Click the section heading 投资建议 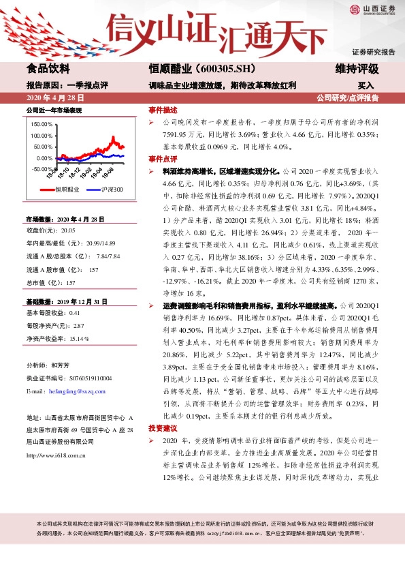click(163, 427)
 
